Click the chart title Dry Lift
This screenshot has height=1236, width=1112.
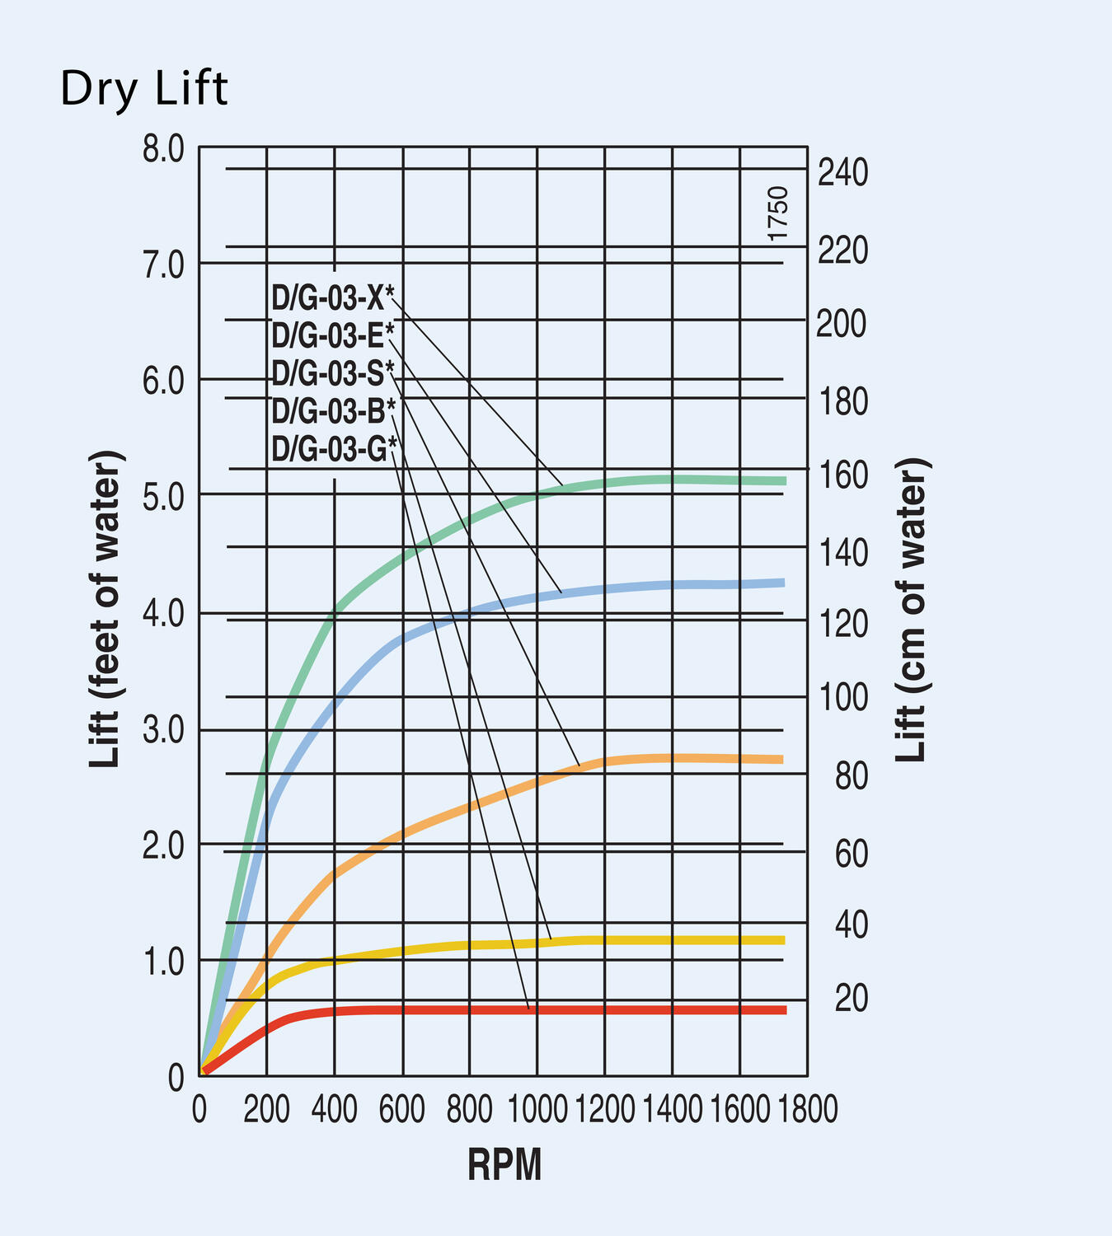coord(144,90)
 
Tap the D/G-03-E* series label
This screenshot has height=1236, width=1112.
coord(332,335)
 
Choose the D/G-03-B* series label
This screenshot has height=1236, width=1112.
coord(333,410)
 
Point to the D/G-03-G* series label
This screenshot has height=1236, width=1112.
coord(334,449)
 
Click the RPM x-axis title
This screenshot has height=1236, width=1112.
coord(504,1166)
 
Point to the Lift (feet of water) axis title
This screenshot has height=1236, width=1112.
coord(106,610)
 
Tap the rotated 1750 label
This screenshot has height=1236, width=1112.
coord(778,213)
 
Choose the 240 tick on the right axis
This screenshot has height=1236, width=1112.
coord(842,173)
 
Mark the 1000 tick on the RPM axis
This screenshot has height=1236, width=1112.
coord(536,1110)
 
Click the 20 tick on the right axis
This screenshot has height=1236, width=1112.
coord(851,999)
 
